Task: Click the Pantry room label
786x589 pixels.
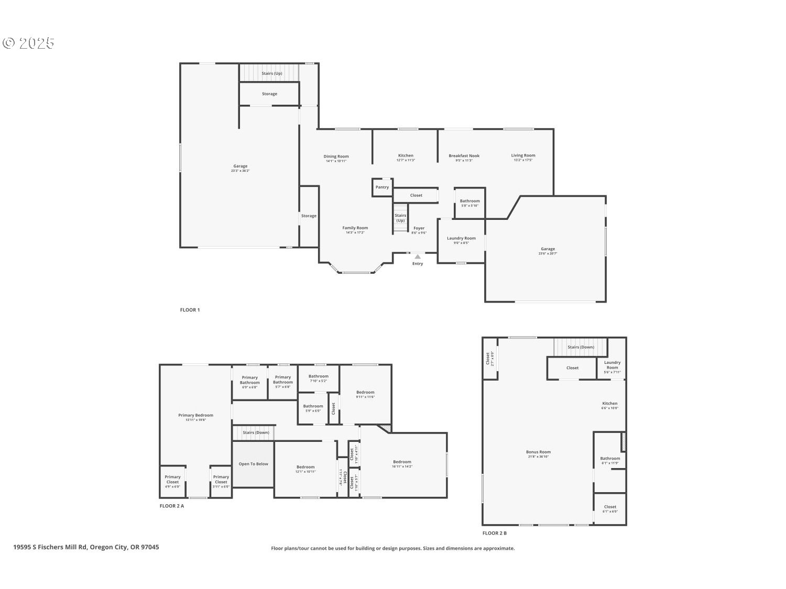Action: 382,187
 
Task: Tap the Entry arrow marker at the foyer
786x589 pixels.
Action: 418,257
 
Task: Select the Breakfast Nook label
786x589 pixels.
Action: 464,156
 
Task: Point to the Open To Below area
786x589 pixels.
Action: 253,464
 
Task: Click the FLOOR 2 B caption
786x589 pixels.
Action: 494,534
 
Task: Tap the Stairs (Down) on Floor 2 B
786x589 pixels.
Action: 581,347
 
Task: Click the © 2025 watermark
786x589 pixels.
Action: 29,43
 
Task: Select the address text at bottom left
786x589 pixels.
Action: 86,547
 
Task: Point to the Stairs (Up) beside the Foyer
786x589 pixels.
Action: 400,218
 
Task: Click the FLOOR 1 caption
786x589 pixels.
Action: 190,310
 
